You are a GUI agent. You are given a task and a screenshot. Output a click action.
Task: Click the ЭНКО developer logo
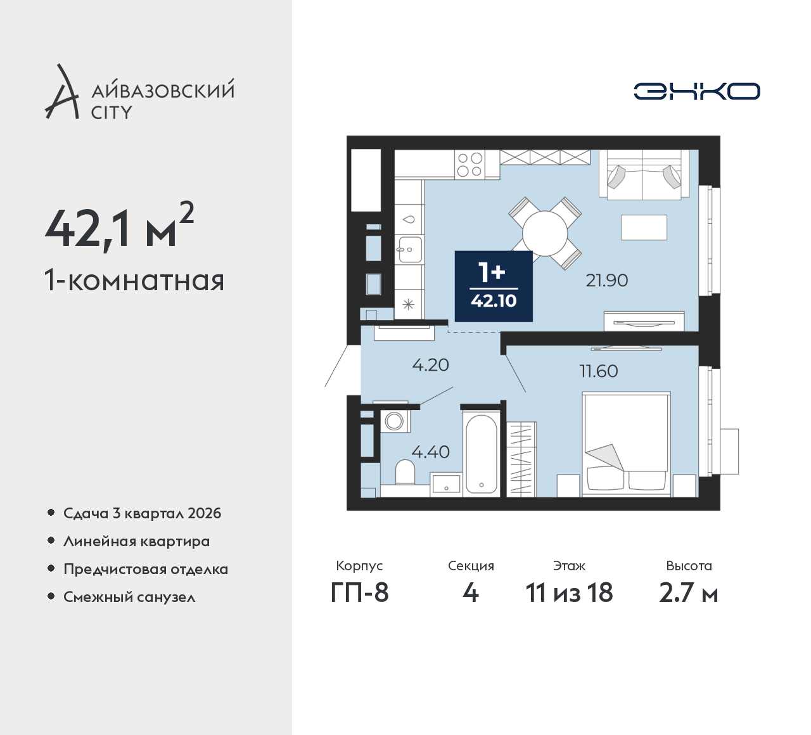(x=696, y=91)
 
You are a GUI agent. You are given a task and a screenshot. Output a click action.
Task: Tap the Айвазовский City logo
(x=139, y=91)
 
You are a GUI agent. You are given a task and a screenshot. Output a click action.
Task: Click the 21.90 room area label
(x=607, y=280)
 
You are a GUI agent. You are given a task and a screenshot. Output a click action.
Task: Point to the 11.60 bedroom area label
(x=599, y=371)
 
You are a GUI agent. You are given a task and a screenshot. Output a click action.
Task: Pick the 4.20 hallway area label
(x=431, y=366)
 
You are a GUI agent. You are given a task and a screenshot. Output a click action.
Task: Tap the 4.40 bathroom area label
(x=431, y=452)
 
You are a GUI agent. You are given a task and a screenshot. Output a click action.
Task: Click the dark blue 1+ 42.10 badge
(x=494, y=286)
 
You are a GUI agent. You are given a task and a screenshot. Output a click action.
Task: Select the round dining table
(x=545, y=233)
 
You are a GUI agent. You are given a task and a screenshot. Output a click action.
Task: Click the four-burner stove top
(x=470, y=165)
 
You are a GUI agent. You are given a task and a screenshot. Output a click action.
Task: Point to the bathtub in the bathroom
(x=481, y=454)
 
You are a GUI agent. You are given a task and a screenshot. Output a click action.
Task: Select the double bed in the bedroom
(x=626, y=444)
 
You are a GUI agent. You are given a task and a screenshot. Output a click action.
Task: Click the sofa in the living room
(x=644, y=175)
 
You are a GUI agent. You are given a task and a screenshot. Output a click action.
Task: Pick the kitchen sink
(x=409, y=250)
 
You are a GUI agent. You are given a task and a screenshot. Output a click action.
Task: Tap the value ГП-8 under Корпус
(x=359, y=592)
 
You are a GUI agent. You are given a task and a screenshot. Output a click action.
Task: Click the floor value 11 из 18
(x=569, y=592)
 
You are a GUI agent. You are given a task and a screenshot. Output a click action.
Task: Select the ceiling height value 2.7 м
(x=689, y=592)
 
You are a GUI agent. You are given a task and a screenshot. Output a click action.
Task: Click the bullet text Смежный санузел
(x=129, y=597)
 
